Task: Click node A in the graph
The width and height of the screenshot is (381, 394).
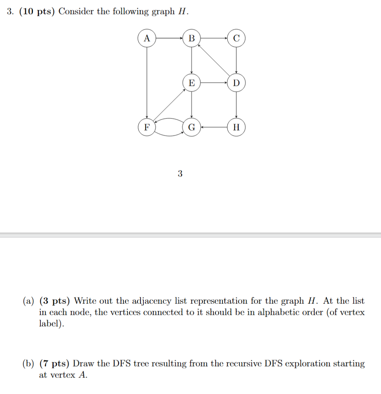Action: [x=147, y=38]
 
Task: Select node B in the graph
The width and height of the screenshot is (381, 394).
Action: [x=191, y=38]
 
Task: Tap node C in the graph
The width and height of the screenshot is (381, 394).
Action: [x=236, y=38]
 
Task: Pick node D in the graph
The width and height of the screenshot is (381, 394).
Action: [x=236, y=83]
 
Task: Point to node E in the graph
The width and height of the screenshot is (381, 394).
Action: [x=191, y=83]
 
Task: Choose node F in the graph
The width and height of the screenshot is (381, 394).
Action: [x=147, y=127]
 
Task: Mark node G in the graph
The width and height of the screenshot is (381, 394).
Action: [x=191, y=127]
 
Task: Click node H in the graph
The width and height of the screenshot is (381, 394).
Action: [x=236, y=127]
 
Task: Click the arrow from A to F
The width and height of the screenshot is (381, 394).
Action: [x=147, y=83]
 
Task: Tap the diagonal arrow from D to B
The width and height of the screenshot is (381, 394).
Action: [x=214, y=61]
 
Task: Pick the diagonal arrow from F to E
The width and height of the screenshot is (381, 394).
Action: [x=169, y=105]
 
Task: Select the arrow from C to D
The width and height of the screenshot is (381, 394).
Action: [x=236, y=61]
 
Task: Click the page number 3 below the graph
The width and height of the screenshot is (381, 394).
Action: [x=180, y=174]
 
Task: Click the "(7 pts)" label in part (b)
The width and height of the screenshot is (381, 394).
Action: [x=55, y=364]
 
